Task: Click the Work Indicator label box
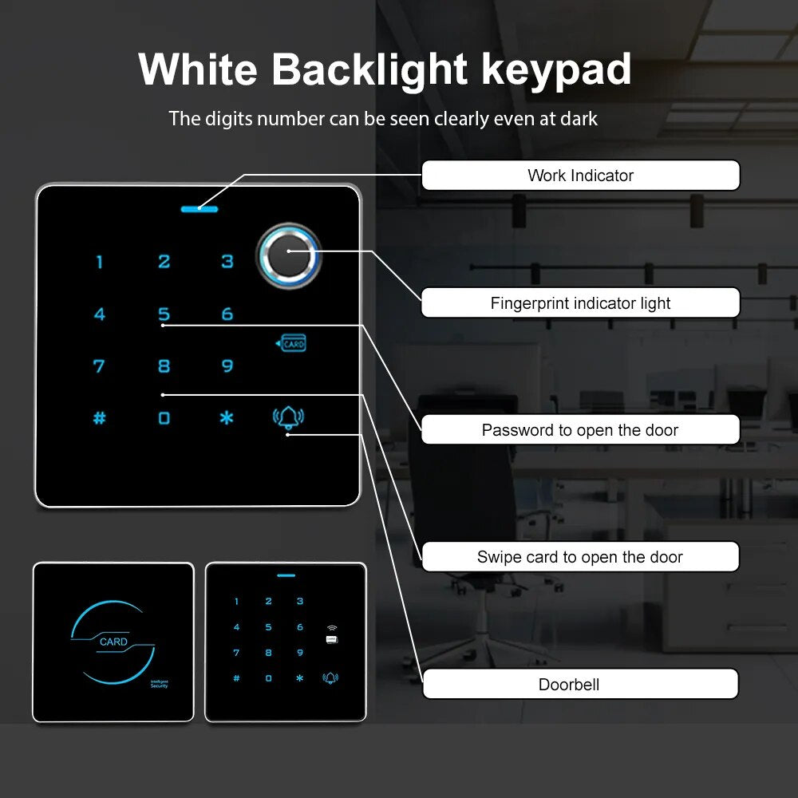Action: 581,175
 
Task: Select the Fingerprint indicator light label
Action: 581,302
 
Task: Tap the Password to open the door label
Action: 581,429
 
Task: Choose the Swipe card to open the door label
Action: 581,557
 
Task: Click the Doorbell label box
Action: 581,684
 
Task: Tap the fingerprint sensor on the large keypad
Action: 289,255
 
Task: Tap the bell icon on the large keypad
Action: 288,417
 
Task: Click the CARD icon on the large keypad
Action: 290,343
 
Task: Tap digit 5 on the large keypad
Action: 164,314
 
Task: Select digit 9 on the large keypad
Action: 227,366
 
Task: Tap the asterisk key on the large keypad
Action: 227,418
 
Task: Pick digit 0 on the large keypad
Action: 164,418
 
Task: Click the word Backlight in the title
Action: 369,70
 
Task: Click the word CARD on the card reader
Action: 113,642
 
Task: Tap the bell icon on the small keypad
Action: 330,678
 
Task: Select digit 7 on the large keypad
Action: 99,366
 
